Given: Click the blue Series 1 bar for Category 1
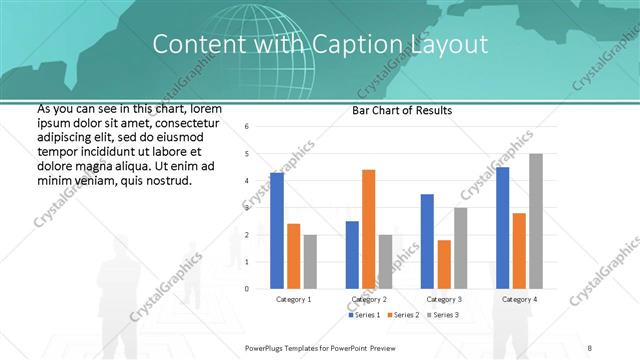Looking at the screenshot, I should tap(277, 231).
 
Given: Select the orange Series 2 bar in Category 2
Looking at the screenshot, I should tap(369, 229).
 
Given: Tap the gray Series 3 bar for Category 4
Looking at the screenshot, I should tap(536, 221).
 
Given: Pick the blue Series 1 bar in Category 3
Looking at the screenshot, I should tap(427, 241).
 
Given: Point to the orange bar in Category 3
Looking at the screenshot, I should tap(444, 264).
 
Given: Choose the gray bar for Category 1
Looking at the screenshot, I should tap(310, 261).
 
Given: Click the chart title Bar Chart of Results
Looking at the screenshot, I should tap(402, 110).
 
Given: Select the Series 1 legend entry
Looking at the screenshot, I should tap(364, 316).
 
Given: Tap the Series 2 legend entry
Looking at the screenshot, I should tap(404, 316).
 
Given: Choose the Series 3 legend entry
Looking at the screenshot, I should tap(443, 316).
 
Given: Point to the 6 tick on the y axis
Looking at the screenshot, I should tap(248, 126).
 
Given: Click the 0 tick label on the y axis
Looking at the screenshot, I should tap(248, 289).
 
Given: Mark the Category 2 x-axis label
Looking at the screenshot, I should tap(369, 300).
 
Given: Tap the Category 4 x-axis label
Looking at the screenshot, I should tap(519, 300).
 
